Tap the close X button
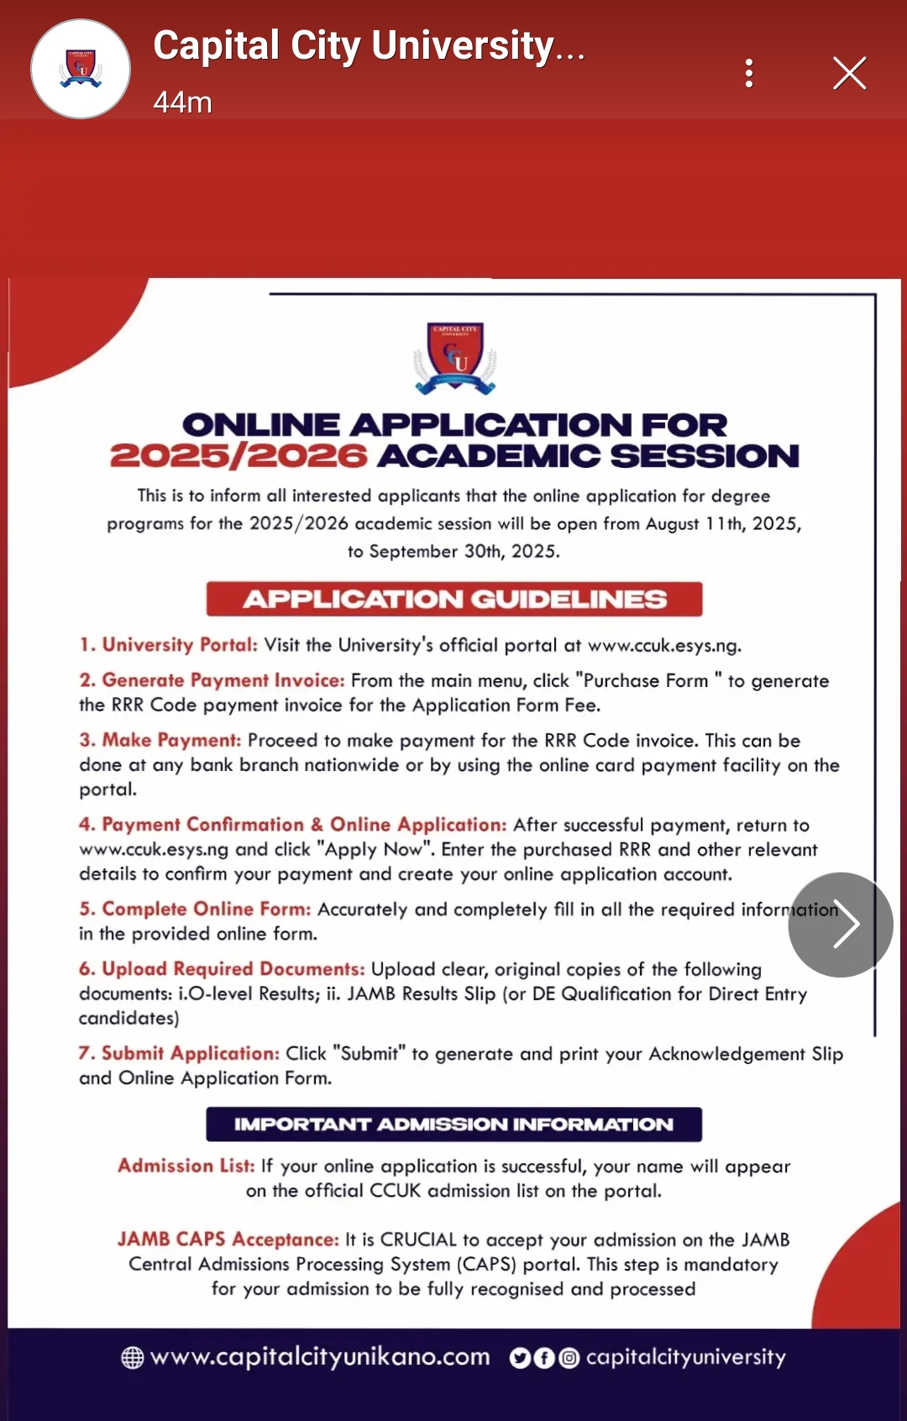pyautogui.click(x=849, y=73)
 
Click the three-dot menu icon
pyautogui.click(x=749, y=73)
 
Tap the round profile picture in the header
pyautogui.click(x=81, y=69)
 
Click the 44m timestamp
pyautogui.click(x=182, y=102)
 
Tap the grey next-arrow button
pyautogui.click(x=840, y=925)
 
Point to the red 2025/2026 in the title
pyautogui.click(x=239, y=456)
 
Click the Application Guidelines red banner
pyautogui.click(x=454, y=599)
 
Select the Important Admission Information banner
pyautogui.click(x=453, y=1125)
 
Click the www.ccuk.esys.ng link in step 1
pyautogui.click(x=663, y=645)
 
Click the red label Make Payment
pyautogui.click(x=171, y=740)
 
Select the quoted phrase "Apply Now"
pyautogui.click(x=375, y=849)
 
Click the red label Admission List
pyautogui.click(x=186, y=1166)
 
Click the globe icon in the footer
pyautogui.click(x=133, y=1357)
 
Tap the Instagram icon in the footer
pyautogui.click(x=569, y=1358)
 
